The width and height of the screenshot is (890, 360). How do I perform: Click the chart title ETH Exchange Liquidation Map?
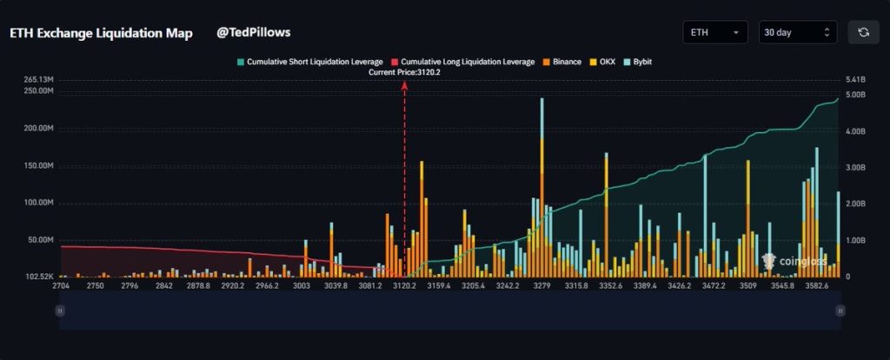[101, 33]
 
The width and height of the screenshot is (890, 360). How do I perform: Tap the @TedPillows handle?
[253, 32]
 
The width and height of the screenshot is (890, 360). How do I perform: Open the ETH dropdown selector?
[714, 32]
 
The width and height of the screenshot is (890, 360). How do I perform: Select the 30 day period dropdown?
[797, 32]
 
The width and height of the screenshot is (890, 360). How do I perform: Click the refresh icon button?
[863, 32]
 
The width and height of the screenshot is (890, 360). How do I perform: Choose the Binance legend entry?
[561, 63]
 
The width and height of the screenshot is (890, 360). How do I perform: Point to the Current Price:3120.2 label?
[404, 73]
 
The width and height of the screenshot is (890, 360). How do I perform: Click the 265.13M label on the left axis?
[40, 80]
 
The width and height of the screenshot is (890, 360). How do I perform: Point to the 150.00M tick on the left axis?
[40, 165]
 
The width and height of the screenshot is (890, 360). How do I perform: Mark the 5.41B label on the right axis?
[856, 80]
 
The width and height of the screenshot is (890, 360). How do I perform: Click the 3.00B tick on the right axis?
[856, 167]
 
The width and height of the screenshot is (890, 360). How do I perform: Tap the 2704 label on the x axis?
[61, 285]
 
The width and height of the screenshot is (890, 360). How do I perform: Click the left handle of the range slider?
[60, 310]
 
